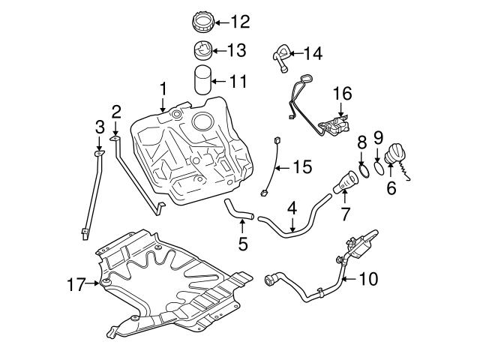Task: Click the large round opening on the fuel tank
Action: point(204,121)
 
